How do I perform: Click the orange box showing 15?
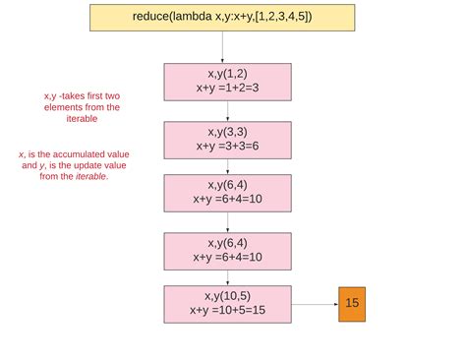pos(352,303)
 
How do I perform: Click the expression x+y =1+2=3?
pos(227,88)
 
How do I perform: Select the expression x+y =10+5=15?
pos(227,310)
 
